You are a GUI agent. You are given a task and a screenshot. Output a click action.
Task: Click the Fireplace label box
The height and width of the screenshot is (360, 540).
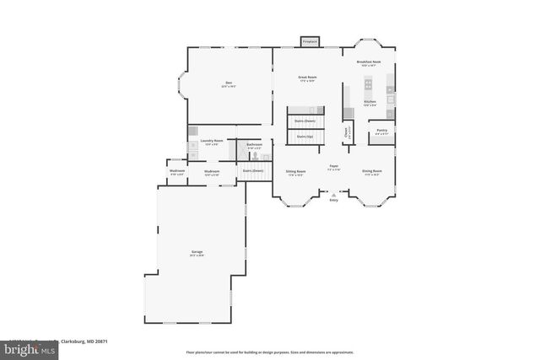coord(310,41)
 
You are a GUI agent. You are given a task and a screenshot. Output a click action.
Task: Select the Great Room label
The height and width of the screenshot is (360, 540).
coord(306,78)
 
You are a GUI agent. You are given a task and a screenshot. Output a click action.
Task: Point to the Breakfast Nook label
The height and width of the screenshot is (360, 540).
coord(370,63)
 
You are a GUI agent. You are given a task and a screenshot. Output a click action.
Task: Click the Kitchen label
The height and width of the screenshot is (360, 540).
coord(370,103)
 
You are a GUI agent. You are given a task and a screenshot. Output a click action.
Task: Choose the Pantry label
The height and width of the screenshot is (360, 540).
coord(381,132)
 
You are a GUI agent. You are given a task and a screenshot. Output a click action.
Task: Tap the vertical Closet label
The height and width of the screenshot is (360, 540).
coord(346,132)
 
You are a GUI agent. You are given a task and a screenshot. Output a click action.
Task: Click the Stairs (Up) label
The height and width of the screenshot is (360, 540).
coord(305,136)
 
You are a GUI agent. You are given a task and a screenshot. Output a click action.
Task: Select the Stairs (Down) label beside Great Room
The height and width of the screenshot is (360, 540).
coord(305,121)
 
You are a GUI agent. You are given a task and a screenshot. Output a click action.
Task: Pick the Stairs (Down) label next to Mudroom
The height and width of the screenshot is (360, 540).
coord(253,171)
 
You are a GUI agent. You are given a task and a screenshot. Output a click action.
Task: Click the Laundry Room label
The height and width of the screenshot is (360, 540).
coord(212,142)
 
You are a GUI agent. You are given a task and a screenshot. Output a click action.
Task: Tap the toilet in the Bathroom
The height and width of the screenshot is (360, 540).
coord(253,156)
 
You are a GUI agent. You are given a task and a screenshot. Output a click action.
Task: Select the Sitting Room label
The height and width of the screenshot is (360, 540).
coord(295,172)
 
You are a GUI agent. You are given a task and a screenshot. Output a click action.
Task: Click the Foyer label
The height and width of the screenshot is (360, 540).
coord(333,168)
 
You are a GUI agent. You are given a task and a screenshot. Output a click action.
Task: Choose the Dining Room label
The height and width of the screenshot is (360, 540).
coord(371,172)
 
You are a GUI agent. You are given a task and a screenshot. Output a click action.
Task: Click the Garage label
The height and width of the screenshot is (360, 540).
coord(197,253)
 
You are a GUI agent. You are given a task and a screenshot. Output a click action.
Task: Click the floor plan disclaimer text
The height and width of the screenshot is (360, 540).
coord(269,352)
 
